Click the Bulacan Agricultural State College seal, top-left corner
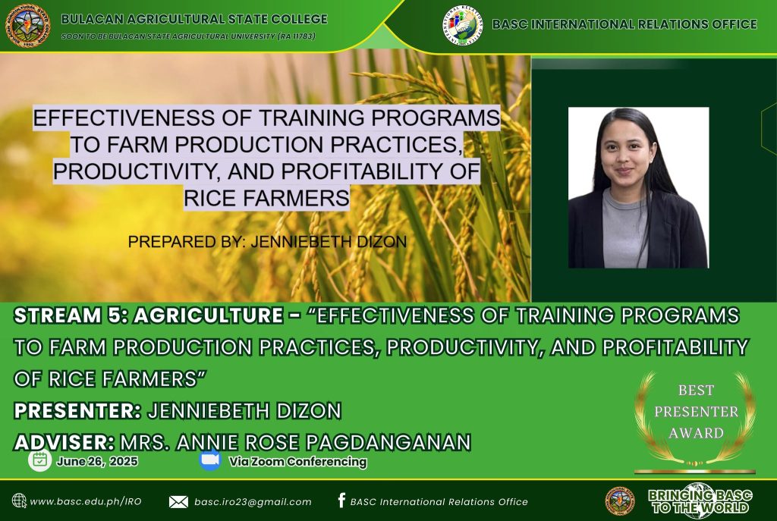tap(28, 25)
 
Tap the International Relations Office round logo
tap(463, 25)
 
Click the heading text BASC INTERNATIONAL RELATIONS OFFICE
tap(624, 24)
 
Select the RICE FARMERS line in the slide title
tap(266, 198)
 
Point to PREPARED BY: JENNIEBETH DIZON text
tap(267, 242)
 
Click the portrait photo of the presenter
tap(638, 188)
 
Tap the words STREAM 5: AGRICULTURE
tap(149, 315)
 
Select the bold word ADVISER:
tap(64, 442)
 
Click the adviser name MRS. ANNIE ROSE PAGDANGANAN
tap(295, 442)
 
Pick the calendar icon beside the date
tap(39, 460)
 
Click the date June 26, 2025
tap(97, 462)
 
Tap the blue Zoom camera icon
tap(210, 460)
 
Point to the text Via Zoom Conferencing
tap(297, 462)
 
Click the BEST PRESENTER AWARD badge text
tap(696, 412)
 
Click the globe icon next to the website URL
tap(19, 501)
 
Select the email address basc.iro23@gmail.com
tap(253, 502)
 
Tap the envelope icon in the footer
tap(178, 502)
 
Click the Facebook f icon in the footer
tap(341, 501)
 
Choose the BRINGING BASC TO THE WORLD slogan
tap(700, 501)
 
